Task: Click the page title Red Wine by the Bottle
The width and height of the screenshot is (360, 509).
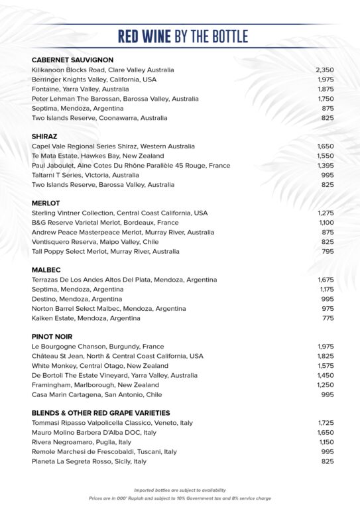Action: click(x=182, y=36)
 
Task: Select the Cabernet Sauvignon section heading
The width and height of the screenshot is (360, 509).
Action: click(x=72, y=60)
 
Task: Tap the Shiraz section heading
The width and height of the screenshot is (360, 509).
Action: click(x=44, y=137)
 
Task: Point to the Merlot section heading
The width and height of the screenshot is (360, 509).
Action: click(x=46, y=203)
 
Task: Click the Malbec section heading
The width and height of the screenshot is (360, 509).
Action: click(x=46, y=270)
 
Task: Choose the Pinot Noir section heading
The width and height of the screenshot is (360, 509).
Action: click(x=52, y=337)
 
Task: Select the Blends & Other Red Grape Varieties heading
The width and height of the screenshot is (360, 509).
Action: click(x=101, y=413)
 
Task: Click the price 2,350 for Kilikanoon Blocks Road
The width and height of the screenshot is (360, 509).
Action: click(x=324, y=70)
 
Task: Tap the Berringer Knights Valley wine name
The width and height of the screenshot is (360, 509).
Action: click(x=94, y=80)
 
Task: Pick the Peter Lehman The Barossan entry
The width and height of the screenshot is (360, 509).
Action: click(x=115, y=99)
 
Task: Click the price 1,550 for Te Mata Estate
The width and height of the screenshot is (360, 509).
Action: click(x=325, y=156)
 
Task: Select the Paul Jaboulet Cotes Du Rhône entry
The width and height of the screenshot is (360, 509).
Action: click(x=131, y=166)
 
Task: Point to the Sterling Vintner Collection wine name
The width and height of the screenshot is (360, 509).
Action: click(x=119, y=213)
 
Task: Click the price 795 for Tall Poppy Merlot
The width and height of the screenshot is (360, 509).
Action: click(x=328, y=252)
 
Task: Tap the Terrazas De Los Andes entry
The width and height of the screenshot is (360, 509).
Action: click(x=124, y=280)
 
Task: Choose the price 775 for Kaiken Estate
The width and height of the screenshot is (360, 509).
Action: click(x=328, y=318)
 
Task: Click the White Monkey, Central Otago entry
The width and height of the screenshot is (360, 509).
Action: click(x=100, y=366)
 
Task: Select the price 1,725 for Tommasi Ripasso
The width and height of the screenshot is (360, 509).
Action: click(x=325, y=423)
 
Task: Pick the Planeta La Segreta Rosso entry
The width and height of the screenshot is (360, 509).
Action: click(x=89, y=461)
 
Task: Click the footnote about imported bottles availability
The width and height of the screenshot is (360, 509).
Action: click(x=180, y=490)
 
